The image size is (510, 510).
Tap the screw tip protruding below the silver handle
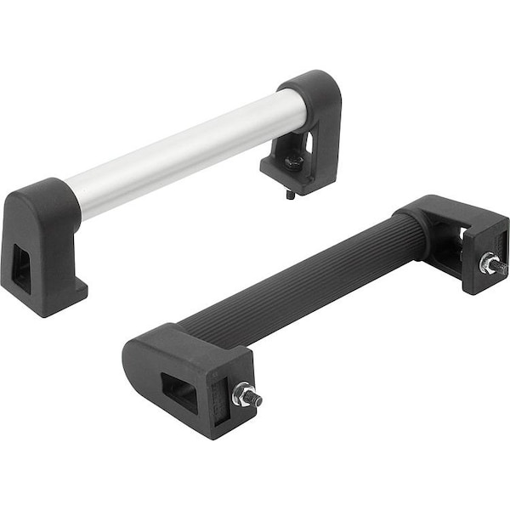click(290, 194)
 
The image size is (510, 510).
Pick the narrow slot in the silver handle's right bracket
click(308, 140)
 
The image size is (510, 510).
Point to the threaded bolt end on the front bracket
click(254, 399)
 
